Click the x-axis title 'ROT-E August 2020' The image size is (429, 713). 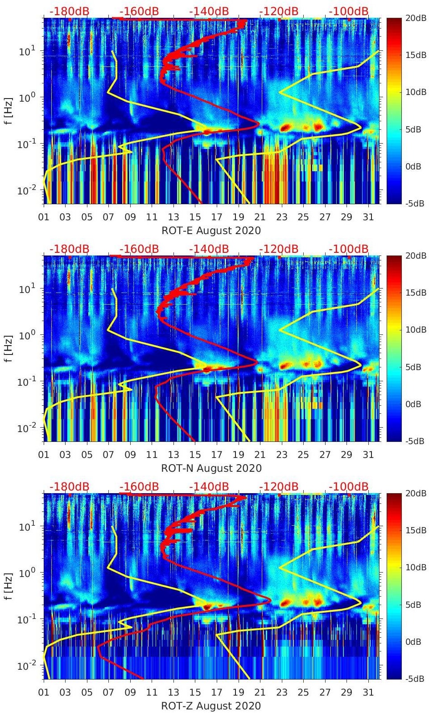(x=211, y=231)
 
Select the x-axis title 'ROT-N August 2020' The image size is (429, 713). (x=211, y=468)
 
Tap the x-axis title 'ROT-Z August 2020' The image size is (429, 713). (x=211, y=706)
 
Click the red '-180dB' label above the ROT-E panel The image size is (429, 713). (x=69, y=11)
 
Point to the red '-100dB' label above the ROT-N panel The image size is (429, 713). (x=349, y=249)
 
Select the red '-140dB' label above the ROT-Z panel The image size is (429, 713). (x=209, y=486)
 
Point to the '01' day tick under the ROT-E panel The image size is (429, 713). (x=44, y=217)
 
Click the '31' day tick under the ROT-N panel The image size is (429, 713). (x=368, y=455)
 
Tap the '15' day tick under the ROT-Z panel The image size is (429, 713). (x=195, y=692)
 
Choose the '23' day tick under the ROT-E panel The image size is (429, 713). (x=281, y=217)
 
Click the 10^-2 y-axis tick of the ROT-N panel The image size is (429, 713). (x=26, y=428)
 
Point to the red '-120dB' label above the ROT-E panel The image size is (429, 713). (x=279, y=11)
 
